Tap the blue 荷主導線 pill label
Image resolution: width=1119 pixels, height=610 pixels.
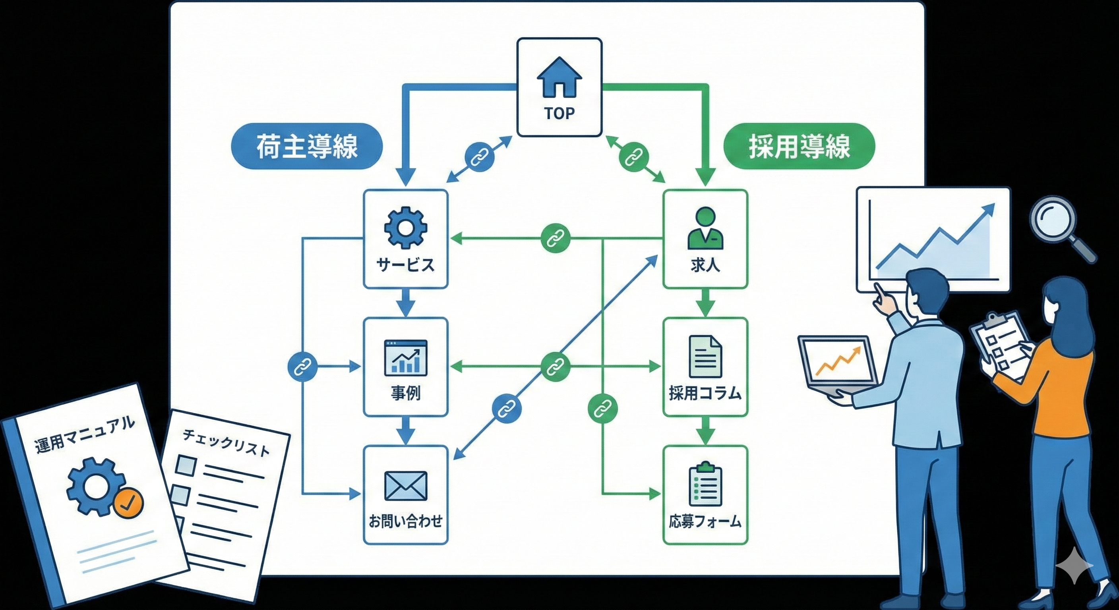307,146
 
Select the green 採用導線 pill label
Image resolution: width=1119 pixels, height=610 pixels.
799,146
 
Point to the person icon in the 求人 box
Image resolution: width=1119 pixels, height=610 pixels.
705,228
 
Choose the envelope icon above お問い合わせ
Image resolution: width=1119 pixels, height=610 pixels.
405,486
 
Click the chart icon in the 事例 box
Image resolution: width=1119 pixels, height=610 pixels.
405,357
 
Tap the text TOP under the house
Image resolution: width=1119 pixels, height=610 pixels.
559,113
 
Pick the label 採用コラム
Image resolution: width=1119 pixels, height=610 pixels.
705,393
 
